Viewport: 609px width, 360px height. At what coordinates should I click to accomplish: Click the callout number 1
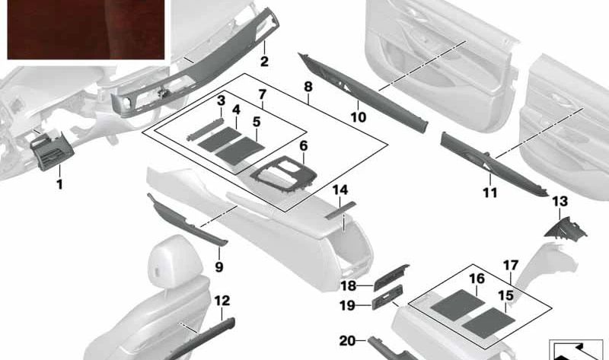(x=60, y=184)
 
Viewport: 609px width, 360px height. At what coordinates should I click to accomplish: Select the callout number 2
(x=264, y=62)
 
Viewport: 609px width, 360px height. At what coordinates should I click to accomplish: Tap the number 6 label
(x=303, y=146)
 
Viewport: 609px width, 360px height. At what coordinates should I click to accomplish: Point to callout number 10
(x=358, y=117)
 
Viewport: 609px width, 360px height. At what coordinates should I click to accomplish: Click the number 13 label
(x=560, y=201)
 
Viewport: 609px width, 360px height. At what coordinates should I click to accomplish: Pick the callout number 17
(x=511, y=266)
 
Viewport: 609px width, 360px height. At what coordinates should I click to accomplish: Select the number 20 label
(x=347, y=341)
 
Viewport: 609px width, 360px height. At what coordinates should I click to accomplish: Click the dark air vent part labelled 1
(x=52, y=151)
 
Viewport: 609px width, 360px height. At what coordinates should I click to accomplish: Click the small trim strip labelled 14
(x=340, y=210)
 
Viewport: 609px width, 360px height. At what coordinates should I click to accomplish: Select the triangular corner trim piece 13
(x=566, y=228)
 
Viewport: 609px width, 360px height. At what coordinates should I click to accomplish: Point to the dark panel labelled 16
(x=458, y=305)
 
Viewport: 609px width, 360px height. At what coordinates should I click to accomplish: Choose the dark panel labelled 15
(x=489, y=323)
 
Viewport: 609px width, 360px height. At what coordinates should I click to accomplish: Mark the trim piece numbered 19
(x=387, y=297)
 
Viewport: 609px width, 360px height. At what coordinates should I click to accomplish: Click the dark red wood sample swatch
(x=86, y=30)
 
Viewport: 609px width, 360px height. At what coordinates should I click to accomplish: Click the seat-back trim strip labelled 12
(x=201, y=339)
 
